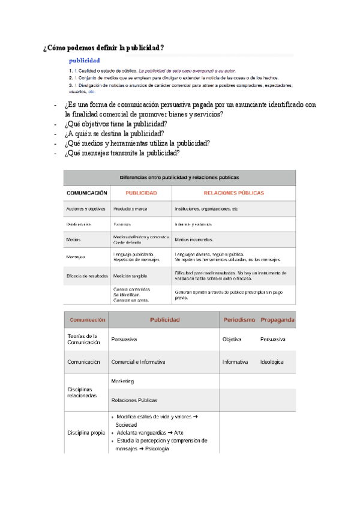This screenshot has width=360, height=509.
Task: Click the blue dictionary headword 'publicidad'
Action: (x=85, y=61)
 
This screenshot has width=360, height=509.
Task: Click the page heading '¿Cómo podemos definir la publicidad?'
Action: (x=104, y=47)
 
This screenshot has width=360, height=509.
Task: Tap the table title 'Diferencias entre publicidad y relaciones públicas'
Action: (x=179, y=177)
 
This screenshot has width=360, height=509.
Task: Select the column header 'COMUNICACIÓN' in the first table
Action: (x=87, y=193)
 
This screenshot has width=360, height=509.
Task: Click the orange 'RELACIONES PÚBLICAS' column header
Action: (x=234, y=193)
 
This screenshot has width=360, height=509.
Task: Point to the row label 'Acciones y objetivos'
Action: (x=86, y=209)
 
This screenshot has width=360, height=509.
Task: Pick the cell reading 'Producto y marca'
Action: (x=130, y=209)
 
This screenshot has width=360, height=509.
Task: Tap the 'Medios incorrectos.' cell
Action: (x=194, y=239)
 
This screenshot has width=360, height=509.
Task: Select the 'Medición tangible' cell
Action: (x=130, y=276)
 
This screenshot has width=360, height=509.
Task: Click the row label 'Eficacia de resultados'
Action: (x=87, y=276)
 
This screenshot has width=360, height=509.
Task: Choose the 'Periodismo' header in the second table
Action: (x=239, y=320)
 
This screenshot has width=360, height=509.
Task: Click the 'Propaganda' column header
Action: (x=277, y=320)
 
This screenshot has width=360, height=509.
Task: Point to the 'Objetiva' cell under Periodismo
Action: (x=232, y=339)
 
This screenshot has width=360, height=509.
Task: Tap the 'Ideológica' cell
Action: (x=272, y=363)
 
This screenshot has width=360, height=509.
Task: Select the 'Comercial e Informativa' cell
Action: (x=138, y=363)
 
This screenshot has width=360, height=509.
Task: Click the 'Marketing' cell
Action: (x=122, y=382)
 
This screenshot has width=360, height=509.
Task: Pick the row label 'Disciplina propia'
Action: (x=86, y=432)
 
